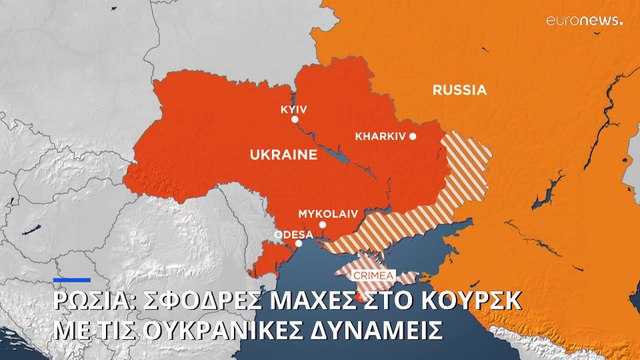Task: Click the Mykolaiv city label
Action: (x=327, y=213)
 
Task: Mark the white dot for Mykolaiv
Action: (x=322, y=225)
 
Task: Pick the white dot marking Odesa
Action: (x=299, y=243)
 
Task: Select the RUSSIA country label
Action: (x=459, y=90)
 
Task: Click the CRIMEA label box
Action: (x=372, y=276)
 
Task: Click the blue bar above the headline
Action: (x=72, y=280)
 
